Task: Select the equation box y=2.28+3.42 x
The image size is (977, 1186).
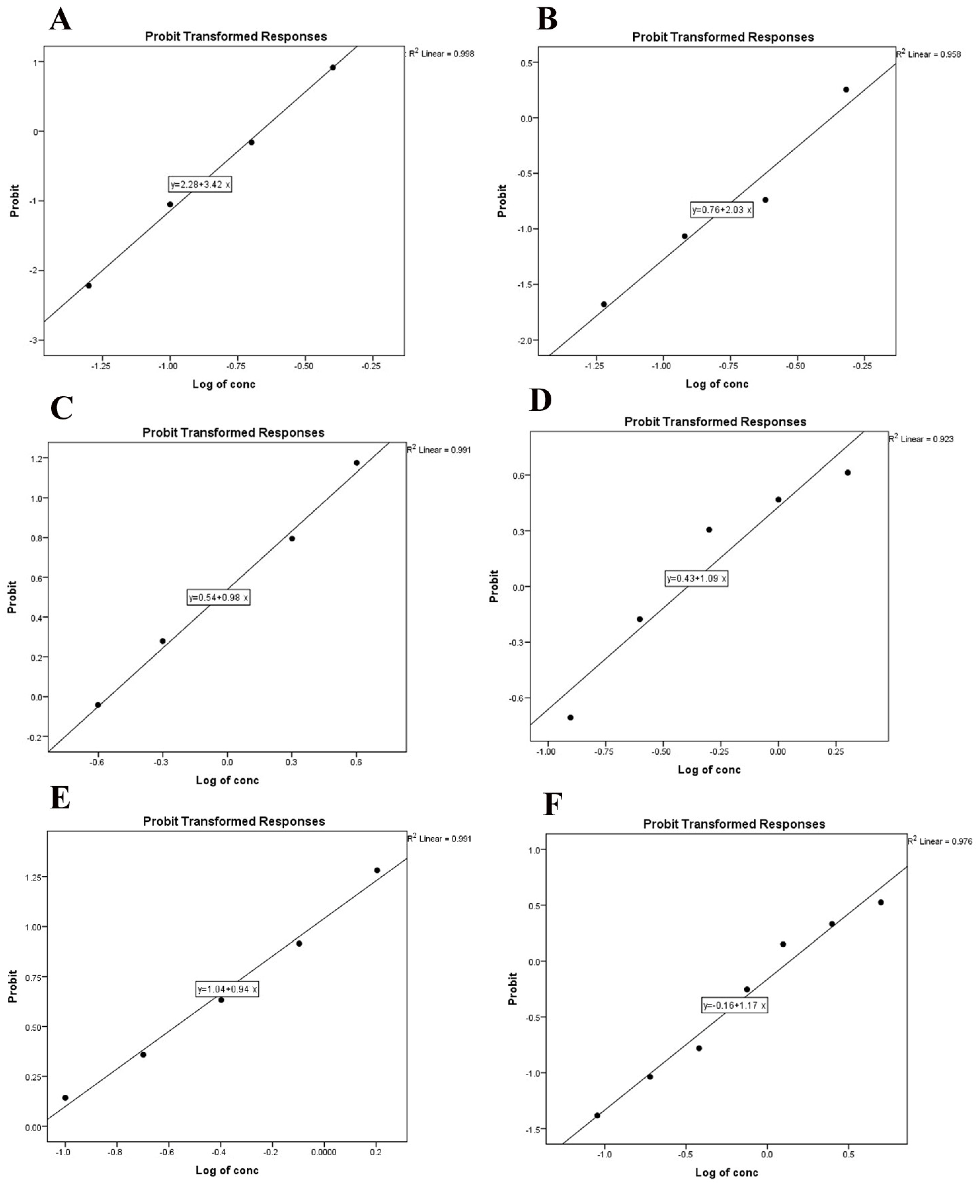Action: click(200, 185)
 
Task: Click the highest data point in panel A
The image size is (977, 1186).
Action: click(333, 68)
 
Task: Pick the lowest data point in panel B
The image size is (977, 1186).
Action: click(604, 304)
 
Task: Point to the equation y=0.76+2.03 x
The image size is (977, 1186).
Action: click(721, 210)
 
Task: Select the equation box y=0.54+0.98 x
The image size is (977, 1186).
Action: click(218, 597)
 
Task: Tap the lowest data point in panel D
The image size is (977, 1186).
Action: click(570, 717)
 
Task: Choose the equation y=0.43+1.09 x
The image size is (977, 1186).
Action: click(696, 578)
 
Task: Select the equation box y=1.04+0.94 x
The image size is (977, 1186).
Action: click(227, 989)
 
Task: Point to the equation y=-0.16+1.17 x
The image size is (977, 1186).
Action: click(735, 1005)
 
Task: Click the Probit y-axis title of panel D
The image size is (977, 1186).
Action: click(494, 586)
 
